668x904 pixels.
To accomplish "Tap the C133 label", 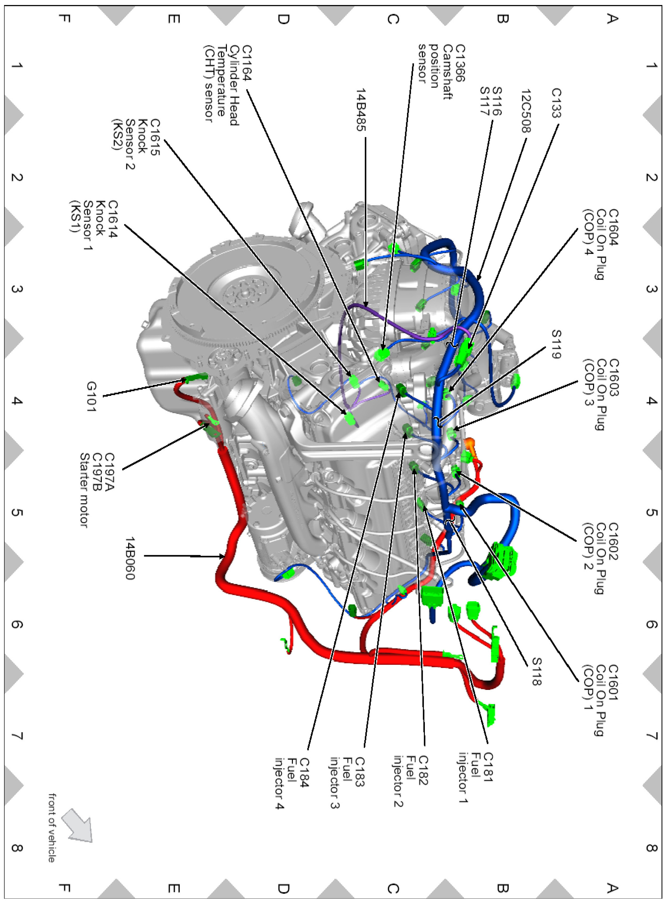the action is click(556, 103).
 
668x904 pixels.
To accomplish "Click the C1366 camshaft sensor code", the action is click(460, 63).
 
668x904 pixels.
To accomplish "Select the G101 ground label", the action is click(91, 397).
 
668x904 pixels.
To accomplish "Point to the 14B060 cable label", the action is click(129, 558).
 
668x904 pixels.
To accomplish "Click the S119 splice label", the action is click(556, 344).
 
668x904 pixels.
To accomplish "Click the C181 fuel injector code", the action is click(488, 767).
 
